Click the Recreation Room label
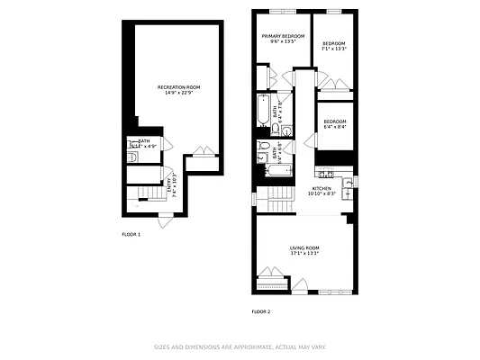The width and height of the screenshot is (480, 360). [x=177, y=89]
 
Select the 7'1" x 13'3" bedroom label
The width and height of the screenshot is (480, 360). [x=335, y=46]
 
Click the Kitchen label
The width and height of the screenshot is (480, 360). [x=322, y=191]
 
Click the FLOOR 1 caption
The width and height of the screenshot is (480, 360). [x=131, y=234]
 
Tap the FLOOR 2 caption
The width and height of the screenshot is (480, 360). [x=260, y=311]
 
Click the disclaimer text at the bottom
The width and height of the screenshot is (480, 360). [x=240, y=346]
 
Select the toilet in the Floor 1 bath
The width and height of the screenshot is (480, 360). [x=131, y=157]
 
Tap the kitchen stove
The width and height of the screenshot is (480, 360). [x=324, y=173]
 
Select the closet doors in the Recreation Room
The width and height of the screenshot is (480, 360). [x=203, y=152]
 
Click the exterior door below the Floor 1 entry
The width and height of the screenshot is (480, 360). [x=165, y=216]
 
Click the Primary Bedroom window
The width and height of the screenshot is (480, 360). [x=282, y=10]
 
